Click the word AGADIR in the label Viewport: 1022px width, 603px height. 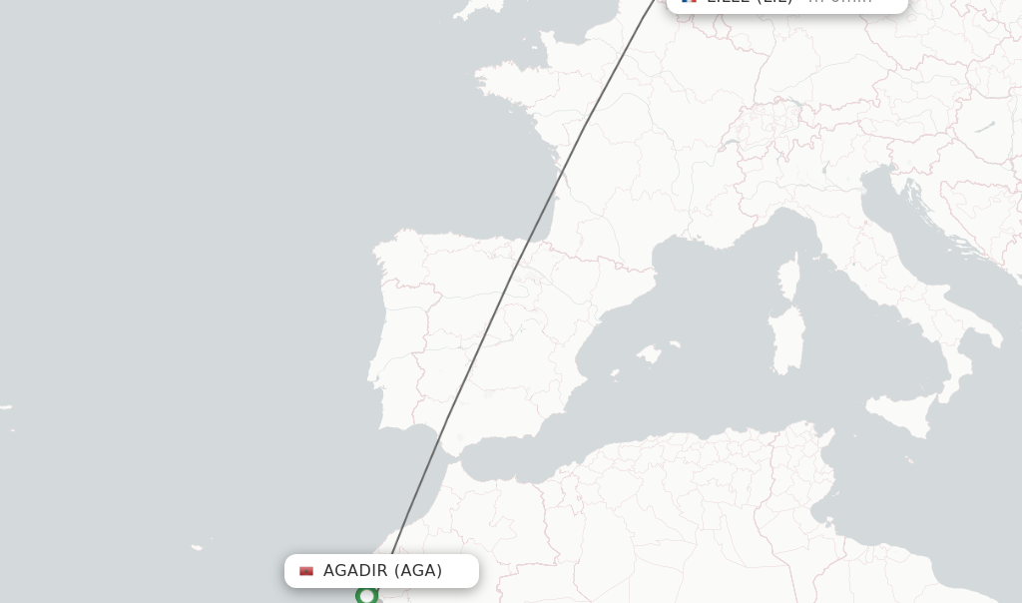click(x=354, y=571)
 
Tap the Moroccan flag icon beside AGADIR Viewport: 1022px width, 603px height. click(x=306, y=571)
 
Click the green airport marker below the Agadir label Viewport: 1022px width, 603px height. click(x=366, y=596)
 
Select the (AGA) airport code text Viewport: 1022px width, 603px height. click(x=418, y=571)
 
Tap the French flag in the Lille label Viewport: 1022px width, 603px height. click(x=689, y=1)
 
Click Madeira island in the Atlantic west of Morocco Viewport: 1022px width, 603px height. click(x=198, y=547)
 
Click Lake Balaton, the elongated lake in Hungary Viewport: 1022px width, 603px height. click(x=985, y=127)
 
